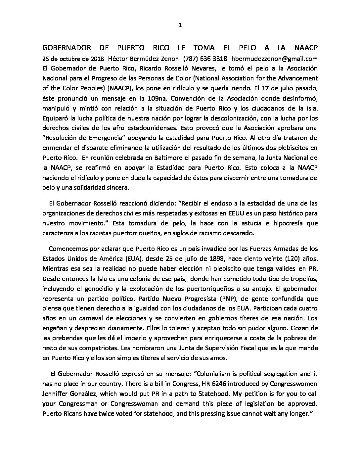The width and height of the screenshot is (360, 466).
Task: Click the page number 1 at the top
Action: pyautogui.click(x=180, y=25)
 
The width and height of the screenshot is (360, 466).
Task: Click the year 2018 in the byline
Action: pyautogui.click(x=97, y=59)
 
